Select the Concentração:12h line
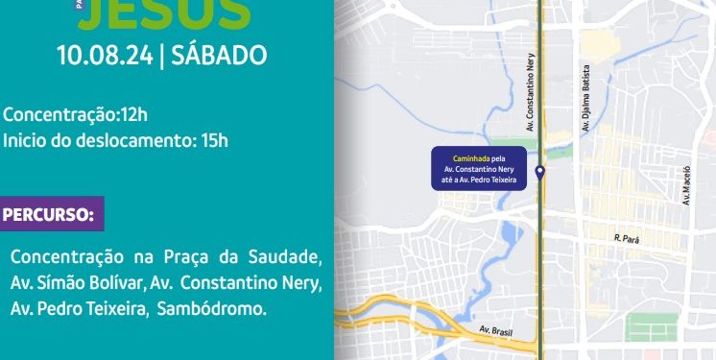[x=76, y=115]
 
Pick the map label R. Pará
[x=627, y=236]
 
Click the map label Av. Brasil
[x=496, y=331]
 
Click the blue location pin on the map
[x=540, y=173]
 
